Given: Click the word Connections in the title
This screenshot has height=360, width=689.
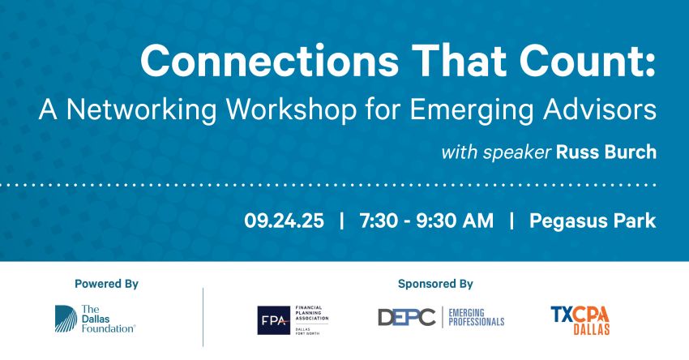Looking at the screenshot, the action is pyautogui.click(x=269, y=61).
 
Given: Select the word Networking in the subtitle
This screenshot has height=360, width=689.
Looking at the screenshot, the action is pyautogui.click(x=142, y=109).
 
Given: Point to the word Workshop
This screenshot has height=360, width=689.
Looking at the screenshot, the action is pyautogui.click(x=291, y=109).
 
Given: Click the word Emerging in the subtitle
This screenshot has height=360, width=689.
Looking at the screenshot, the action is pyautogui.click(x=472, y=109).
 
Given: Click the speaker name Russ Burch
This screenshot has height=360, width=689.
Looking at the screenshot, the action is pyautogui.click(x=606, y=152).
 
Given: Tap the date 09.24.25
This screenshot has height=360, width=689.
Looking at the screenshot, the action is pyautogui.click(x=284, y=221).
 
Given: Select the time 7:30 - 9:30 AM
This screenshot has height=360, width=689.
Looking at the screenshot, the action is pyautogui.click(x=426, y=221).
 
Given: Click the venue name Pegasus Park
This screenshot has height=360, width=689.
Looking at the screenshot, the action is pyautogui.click(x=593, y=221).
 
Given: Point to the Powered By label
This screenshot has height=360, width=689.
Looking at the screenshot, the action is pyautogui.click(x=106, y=284).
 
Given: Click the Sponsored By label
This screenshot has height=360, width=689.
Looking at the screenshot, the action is pyautogui.click(x=435, y=284).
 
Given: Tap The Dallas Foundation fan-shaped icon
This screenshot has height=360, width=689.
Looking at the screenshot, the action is pyautogui.click(x=66, y=319).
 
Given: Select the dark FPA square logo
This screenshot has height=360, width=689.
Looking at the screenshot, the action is pyautogui.click(x=273, y=320).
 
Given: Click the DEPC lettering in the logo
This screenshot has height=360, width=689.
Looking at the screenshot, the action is pyautogui.click(x=406, y=317).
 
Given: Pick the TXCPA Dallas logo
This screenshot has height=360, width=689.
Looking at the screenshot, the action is pyautogui.click(x=580, y=320).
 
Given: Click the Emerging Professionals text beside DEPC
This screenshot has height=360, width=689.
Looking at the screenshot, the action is pyautogui.click(x=477, y=317).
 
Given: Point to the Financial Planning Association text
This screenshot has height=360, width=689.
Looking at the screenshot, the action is pyautogui.click(x=311, y=312).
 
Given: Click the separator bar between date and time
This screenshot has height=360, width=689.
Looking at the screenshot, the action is pyautogui.click(x=342, y=221).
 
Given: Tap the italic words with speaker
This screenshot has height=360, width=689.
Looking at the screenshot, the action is pyautogui.click(x=496, y=152).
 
